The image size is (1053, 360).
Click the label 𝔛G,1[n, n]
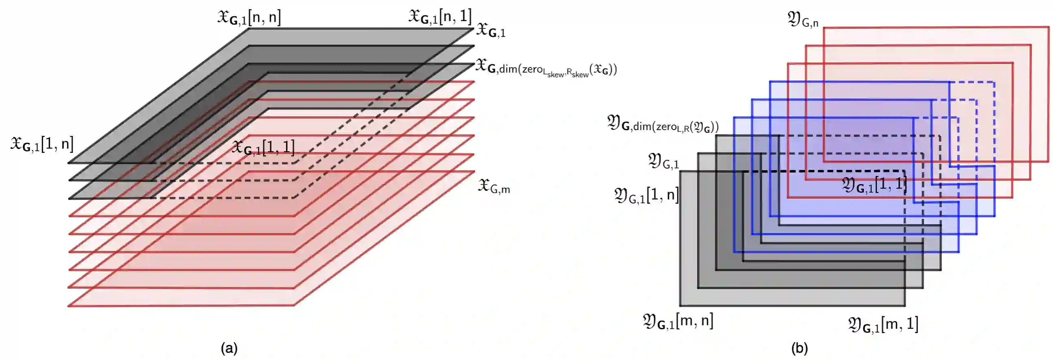pos(249,17)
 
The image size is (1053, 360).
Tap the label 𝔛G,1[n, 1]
pos(440,16)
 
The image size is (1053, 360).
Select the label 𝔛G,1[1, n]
pos(42,144)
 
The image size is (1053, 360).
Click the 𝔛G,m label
pos(494,186)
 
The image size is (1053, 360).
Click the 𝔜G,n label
pos(802,19)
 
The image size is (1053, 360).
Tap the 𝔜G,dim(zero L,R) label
pos(662,124)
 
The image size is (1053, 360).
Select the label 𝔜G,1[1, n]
pos(646,196)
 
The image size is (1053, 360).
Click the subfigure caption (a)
pos(229,349)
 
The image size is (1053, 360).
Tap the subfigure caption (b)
pos(799,349)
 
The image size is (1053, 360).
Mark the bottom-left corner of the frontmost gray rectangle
pos(680,306)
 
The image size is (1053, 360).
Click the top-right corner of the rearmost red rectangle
pos(1049,28)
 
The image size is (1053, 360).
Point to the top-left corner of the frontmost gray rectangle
pos(680,171)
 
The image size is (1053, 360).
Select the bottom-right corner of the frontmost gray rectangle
pos(905,306)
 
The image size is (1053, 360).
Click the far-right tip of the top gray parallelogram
pos(474,29)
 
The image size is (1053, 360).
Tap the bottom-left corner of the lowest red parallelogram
pos(69,306)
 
